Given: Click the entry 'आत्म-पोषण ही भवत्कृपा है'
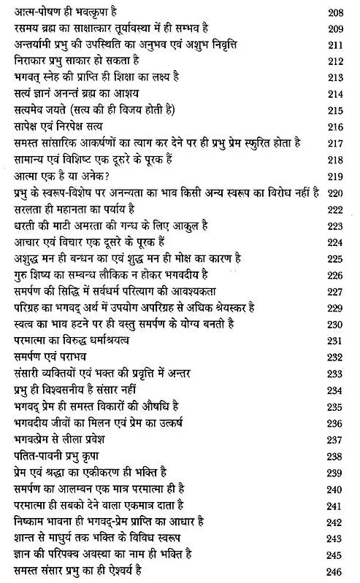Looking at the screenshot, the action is click(65, 11).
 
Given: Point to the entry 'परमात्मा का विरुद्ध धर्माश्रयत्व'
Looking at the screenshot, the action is click(78, 341).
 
